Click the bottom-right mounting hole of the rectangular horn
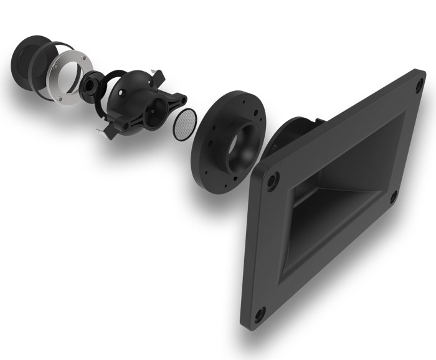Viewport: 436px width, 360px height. tap(392, 199)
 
